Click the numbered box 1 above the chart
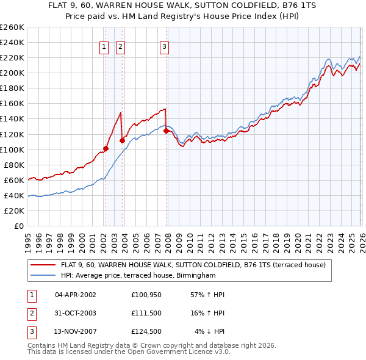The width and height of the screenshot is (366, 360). pyautogui.click(x=104, y=46)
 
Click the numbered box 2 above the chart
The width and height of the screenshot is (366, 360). pyautogui.click(x=120, y=46)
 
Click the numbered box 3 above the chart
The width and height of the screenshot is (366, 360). pyautogui.click(x=165, y=46)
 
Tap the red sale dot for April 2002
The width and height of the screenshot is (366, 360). pyautogui.click(x=106, y=148)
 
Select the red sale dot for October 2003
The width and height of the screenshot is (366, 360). pyautogui.click(x=123, y=140)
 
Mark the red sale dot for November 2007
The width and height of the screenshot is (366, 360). pyautogui.click(x=166, y=130)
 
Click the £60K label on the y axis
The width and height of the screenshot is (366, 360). pyautogui.click(x=14, y=180)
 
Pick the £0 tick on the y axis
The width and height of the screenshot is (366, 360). pyautogui.click(x=18, y=226)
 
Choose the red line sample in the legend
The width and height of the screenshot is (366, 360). pyautogui.click(x=43, y=265)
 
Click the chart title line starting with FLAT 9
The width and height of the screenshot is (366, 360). pyautogui.click(x=183, y=5)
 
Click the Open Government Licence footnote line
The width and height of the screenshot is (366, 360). pyautogui.click(x=129, y=353)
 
